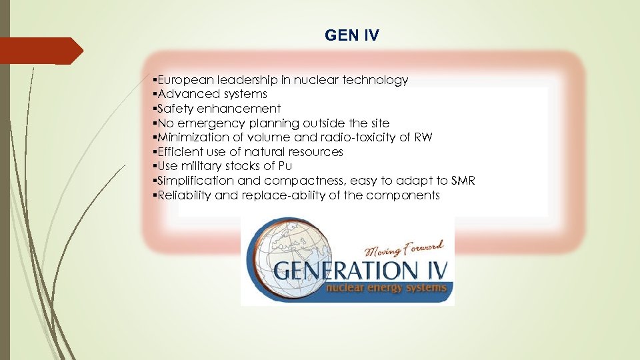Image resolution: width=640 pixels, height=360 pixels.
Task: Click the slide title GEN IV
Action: click(x=351, y=35)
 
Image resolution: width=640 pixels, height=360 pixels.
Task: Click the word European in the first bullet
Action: click(x=181, y=80)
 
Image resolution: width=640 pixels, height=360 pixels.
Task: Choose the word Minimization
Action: click(x=191, y=137)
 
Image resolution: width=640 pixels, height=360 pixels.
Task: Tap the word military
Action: click(x=203, y=167)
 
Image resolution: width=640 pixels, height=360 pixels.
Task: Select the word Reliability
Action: click(x=186, y=195)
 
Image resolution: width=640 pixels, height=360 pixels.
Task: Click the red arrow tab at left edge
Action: click(x=40, y=51)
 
